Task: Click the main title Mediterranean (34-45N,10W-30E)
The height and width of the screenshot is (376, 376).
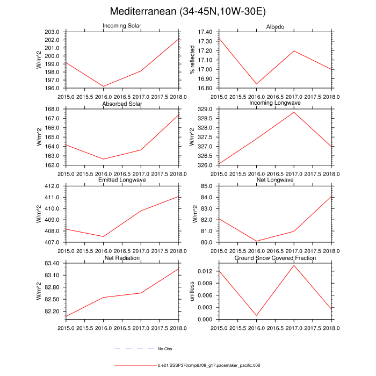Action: pos(187,11)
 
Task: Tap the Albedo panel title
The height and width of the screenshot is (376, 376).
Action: pos(275,27)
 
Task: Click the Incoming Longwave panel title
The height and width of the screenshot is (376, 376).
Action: pos(275,103)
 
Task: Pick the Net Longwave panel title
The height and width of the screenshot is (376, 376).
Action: pos(275,180)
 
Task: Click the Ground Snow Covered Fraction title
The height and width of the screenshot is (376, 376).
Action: pos(275,258)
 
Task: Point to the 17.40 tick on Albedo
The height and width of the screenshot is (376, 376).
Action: pos(205,32)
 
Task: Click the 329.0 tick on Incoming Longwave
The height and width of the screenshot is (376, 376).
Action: pos(206,109)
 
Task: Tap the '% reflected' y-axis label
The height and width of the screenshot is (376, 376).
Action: pos(192,60)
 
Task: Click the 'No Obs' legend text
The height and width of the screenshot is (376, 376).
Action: pos(164,349)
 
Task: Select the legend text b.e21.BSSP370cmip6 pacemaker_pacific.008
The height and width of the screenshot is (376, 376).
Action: pos(209,365)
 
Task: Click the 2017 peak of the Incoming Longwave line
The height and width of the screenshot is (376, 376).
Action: pos(294,112)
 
